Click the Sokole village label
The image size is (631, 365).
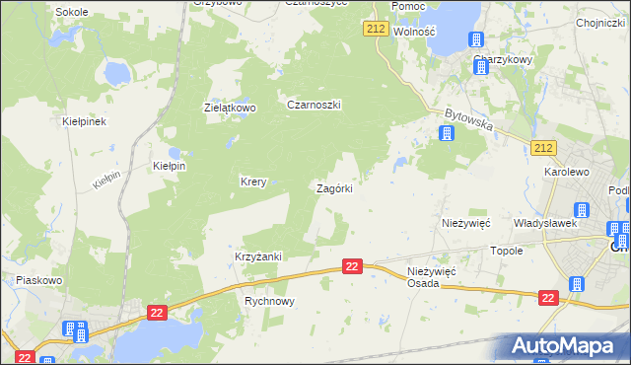71,12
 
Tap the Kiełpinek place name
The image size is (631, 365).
83,121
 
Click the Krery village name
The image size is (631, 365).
254,182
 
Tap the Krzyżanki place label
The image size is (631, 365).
258,256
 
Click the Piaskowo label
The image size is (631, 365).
39,280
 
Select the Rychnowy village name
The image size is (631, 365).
269,302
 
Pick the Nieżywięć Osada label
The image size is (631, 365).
431,277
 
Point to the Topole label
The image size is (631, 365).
506,251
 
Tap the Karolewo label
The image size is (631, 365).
566,171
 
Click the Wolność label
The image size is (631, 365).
414,32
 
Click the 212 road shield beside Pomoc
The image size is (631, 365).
375,29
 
